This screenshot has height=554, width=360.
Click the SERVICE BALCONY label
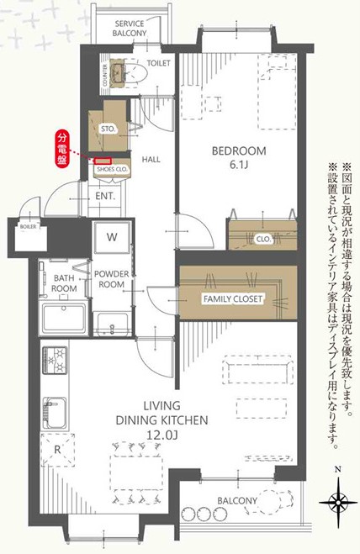[x=130, y=29]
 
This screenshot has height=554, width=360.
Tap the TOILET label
[x=158, y=63]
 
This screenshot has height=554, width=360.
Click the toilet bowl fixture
[x=137, y=75]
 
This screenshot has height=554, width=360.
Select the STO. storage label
[x=109, y=129]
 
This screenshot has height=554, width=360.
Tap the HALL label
[x=151, y=159]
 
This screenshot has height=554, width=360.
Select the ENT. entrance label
[x=105, y=196]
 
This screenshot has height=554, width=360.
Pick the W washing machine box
[x=112, y=237]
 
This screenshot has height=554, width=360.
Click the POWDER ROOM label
[x=111, y=279]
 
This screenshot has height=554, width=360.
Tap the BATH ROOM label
[x=63, y=282]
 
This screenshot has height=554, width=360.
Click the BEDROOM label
[x=239, y=151]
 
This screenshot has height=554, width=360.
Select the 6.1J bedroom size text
[x=240, y=165]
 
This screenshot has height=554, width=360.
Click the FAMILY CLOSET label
[x=233, y=298]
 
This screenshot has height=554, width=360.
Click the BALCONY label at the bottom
[x=237, y=501]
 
